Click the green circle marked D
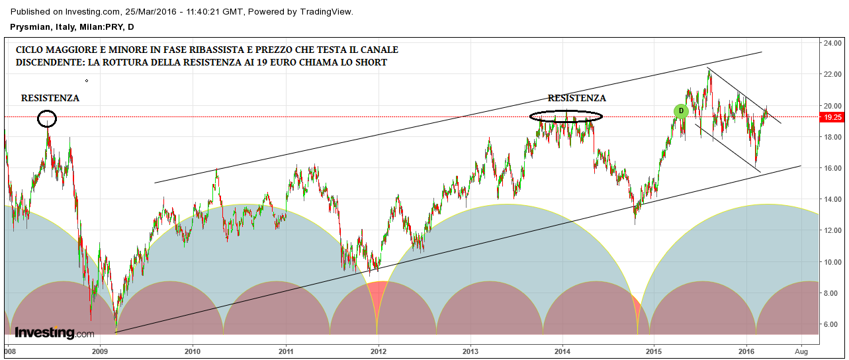(681, 111)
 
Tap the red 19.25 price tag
(832, 117)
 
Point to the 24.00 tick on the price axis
(832, 43)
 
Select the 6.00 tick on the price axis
(832, 324)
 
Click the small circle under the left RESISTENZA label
(47, 119)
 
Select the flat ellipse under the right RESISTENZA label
(566, 116)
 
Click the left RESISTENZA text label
(50, 98)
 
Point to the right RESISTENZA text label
(576, 98)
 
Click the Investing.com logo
(54, 332)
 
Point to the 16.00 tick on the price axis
(832, 168)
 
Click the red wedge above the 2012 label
(377, 298)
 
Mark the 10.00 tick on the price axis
(832, 262)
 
